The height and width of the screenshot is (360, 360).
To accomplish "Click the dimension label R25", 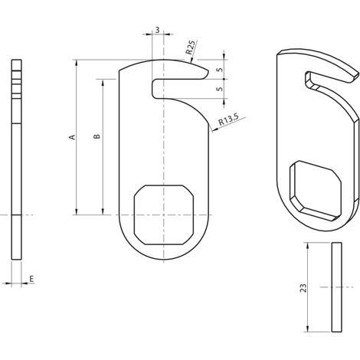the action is pos(191,47).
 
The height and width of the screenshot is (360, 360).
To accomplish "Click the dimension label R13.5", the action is pos(228,119).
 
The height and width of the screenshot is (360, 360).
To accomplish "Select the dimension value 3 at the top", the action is pos(157,30).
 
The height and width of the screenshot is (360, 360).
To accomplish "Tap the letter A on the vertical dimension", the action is pos(73,137).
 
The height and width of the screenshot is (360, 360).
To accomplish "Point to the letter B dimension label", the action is pos(97,136).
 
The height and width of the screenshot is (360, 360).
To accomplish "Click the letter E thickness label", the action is pos(31,279).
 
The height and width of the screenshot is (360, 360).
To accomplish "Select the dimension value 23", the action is pos(303,288).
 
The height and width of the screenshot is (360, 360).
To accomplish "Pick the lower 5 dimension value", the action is pos(219,89).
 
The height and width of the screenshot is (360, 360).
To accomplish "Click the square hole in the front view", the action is pos(164,215).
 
